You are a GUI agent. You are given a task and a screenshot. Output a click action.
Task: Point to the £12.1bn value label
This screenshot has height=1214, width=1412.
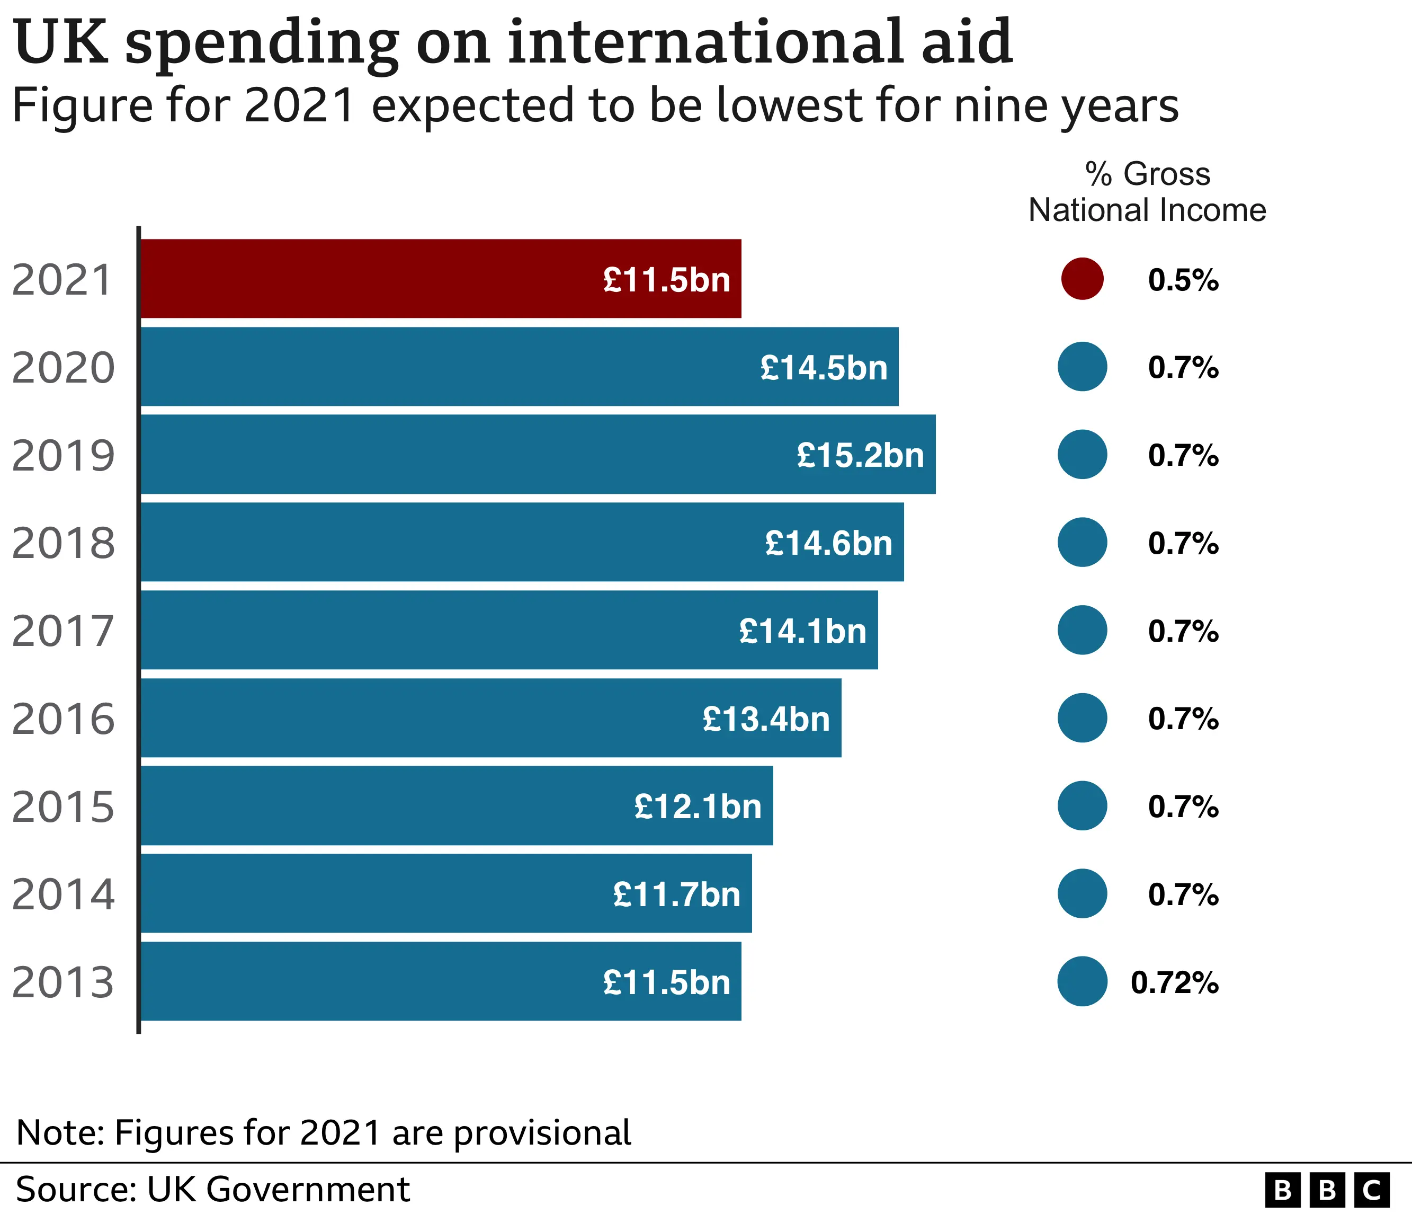click(698, 807)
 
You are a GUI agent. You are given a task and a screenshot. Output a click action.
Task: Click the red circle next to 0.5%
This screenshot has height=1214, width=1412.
click(1082, 279)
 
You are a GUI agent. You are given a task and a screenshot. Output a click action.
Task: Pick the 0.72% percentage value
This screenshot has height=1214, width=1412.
click(1174, 982)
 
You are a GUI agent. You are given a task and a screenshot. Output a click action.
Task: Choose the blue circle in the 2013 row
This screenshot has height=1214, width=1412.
click(1082, 981)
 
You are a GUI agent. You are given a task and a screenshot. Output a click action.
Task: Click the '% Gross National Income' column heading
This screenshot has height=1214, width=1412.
click(1147, 192)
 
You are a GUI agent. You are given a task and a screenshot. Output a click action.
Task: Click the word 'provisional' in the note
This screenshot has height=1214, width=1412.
click(542, 1133)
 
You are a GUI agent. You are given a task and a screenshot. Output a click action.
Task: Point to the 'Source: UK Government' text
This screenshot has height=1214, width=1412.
click(212, 1190)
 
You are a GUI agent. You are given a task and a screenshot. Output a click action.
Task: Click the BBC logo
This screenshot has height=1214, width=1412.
click(1326, 1190)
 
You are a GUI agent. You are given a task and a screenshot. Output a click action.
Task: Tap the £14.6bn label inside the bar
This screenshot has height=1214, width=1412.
click(828, 543)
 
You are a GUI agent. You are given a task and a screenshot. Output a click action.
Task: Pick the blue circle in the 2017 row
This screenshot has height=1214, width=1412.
click(1082, 630)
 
